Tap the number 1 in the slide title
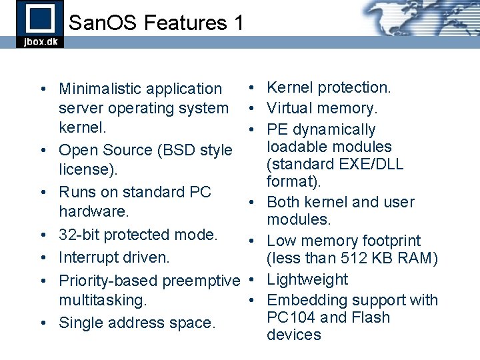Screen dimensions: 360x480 pyautogui.click(x=238, y=23)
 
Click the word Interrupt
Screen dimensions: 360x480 pyautogui.click(x=87, y=257)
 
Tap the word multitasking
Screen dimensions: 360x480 pyautogui.click(x=102, y=300)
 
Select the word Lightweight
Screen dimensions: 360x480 pyautogui.click(x=307, y=279)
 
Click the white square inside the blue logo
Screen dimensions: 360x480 pyautogui.click(x=39, y=17)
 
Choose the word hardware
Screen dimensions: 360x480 pyautogui.click(x=93, y=211)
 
